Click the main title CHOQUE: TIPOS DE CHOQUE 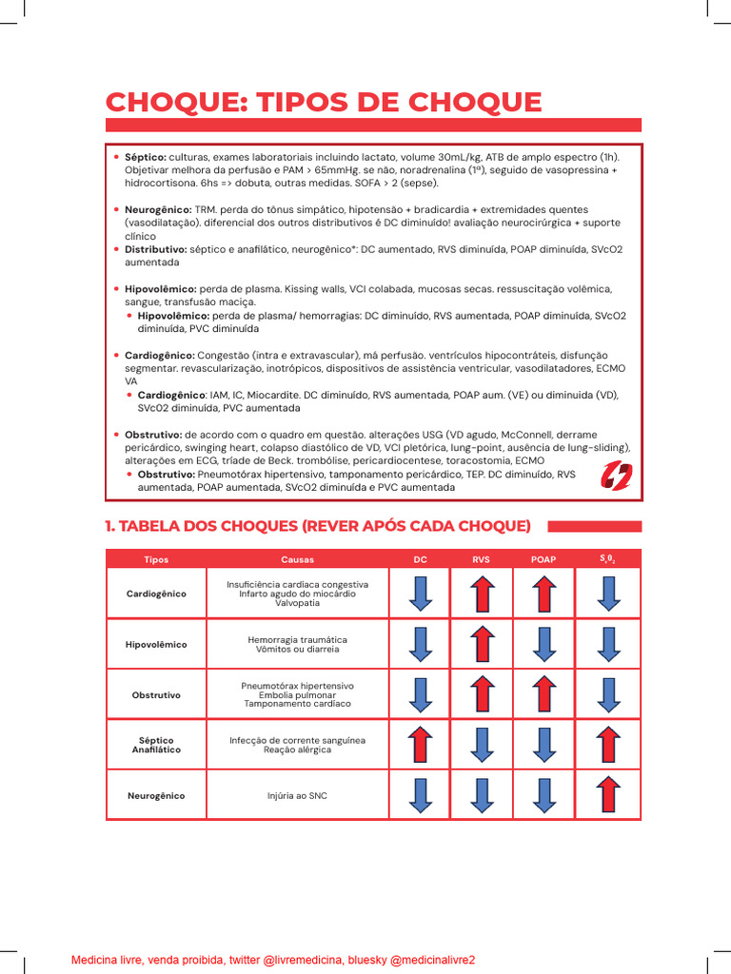tap(324, 102)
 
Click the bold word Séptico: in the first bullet tap(146, 156)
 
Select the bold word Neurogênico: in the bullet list tap(158, 208)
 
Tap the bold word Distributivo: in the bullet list tap(156, 248)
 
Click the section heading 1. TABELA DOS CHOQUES tap(318, 526)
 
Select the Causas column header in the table tap(297, 559)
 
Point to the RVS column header tap(481, 559)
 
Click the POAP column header tap(543, 559)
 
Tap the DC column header tap(420, 559)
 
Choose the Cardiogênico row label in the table tap(156, 594)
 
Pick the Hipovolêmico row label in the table tap(156, 644)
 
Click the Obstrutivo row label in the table tap(156, 694)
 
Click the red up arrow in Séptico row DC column tap(420, 744)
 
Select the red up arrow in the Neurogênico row tap(608, 794)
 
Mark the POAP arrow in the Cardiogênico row tap(543, 594)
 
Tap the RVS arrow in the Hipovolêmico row tap(482, 644)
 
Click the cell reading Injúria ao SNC tap(297, 795)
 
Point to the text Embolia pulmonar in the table tap(297, 694)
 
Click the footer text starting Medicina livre tap(273, 960)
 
